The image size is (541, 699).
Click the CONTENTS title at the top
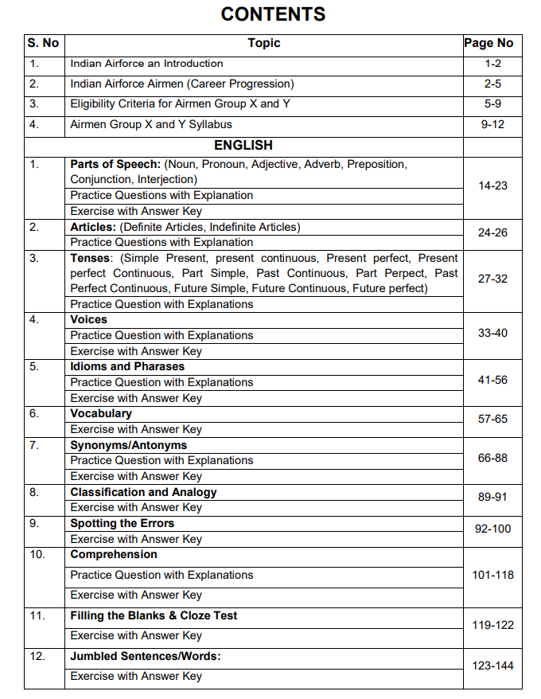tap(273, 14)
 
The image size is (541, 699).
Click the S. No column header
tap(44, 43)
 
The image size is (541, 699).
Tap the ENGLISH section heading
tap(243, 145)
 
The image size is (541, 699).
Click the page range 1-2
tap(492, 64)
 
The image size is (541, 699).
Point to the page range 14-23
tap(492, 185)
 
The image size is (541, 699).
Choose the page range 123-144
tap(492, 666)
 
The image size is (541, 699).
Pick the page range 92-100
tap(492, 529)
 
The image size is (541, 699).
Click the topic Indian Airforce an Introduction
tap(147, 64)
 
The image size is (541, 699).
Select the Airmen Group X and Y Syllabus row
tap(151, 124)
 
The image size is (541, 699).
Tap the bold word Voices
tap(88, 319)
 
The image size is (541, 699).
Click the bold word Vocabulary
tap(101, 413)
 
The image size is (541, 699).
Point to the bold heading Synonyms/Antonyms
tap(129, 445)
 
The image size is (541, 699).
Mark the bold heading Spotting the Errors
tap(122, 523)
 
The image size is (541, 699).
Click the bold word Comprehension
tap(114, 554)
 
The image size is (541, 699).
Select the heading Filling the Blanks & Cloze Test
tap(154, 615)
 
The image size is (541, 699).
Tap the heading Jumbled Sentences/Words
tap(146, 656)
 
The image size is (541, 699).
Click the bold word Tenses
tap(90, 258)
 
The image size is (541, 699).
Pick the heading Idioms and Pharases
tap(127, 366)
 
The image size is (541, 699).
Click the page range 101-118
tap(492, 575)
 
